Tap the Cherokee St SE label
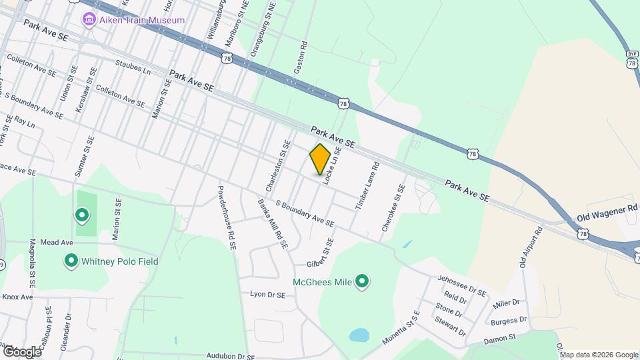393,208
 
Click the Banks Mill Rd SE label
272,223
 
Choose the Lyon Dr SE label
267,294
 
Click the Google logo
21,351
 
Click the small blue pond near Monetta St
358,334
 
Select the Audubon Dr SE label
221,356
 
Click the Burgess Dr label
509,321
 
